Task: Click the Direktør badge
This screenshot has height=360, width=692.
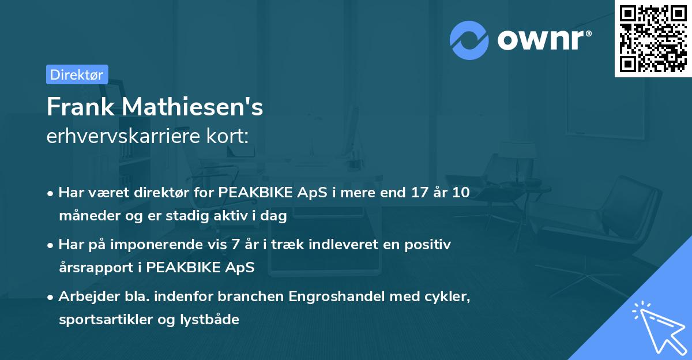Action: [x=77, y=74]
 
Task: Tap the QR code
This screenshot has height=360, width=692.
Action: [x=653, y=38]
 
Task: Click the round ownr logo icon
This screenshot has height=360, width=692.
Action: [x=469, y=40]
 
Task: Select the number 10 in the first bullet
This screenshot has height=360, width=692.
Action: [x=460, y=193]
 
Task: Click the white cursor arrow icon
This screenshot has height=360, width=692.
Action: [x=657, y=325]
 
